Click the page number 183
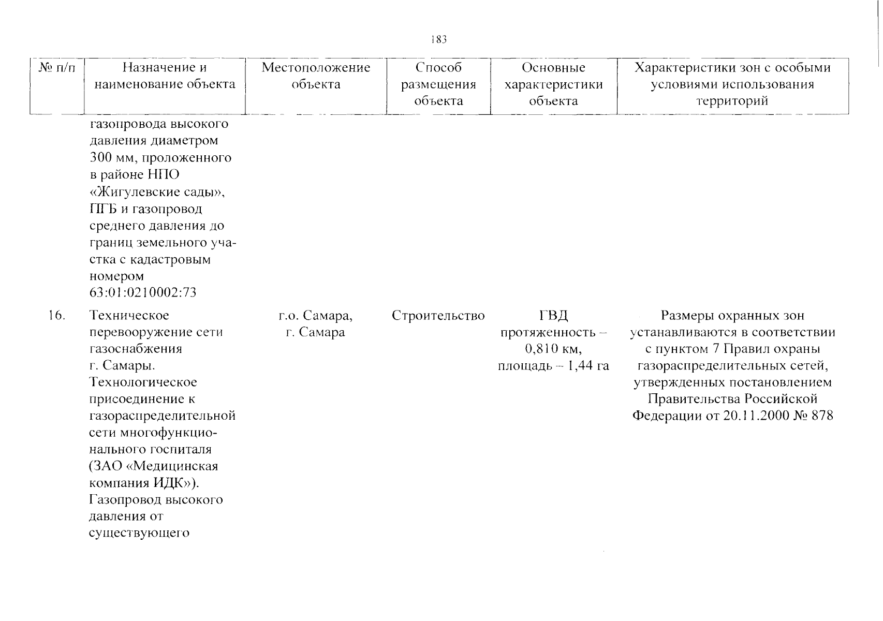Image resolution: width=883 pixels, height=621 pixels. point(438,39)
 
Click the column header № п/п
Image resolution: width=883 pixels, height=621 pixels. point(56,68)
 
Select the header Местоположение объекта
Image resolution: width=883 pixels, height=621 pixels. point(316,76)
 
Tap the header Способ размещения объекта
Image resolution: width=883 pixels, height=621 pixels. point(438,84)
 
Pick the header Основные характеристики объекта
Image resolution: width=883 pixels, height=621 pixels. point(553,84)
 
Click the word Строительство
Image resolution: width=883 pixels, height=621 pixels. point(438,315)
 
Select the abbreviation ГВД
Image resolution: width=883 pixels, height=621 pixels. point(553,315)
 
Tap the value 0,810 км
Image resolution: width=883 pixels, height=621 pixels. point(553,349)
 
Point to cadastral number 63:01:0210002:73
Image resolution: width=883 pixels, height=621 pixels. point(143,293)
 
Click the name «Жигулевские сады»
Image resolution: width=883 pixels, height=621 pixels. point(158,192)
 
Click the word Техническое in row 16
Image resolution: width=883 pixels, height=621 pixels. point(129,315)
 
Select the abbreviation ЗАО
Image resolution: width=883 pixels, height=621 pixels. point(107,466)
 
